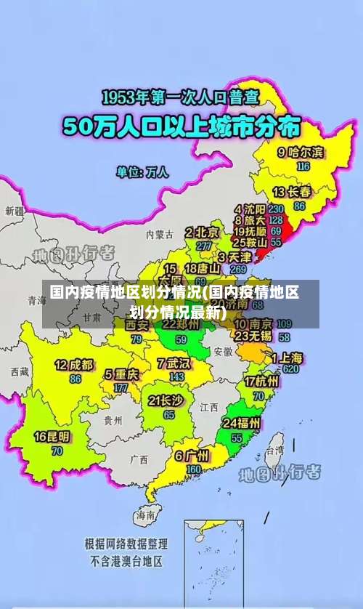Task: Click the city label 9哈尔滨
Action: click(301, 153)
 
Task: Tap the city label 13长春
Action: click(292, 193)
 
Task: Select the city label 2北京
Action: click(203, 233)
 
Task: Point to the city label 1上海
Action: click(287, 358)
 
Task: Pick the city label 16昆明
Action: click(52, 437)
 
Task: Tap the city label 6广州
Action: click(192, 456)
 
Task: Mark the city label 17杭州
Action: click(261, 382)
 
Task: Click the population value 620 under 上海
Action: click(290, 369)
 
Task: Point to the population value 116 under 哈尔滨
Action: click(303, 166)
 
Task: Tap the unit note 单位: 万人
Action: click(143, 173)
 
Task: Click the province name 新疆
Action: click(15, 211)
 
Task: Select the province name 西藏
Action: click(20, 371)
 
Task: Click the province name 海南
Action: click(145, 515)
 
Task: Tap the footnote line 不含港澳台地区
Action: click(126, 561)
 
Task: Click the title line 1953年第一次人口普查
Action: click(181, 98)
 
